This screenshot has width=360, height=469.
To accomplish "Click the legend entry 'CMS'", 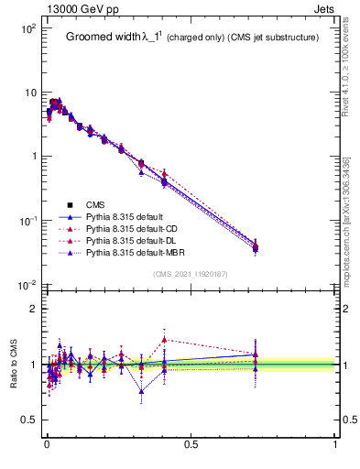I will coord(97,204).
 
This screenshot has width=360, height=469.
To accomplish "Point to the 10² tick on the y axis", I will coord(28,29).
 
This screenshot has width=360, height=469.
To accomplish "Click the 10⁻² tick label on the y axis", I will coord(28,286).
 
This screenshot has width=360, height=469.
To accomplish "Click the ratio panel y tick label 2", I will coord(34,309).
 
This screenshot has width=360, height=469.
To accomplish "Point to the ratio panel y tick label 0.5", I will coord(29,420).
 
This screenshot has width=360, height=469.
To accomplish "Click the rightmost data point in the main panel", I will coord(256,246).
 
